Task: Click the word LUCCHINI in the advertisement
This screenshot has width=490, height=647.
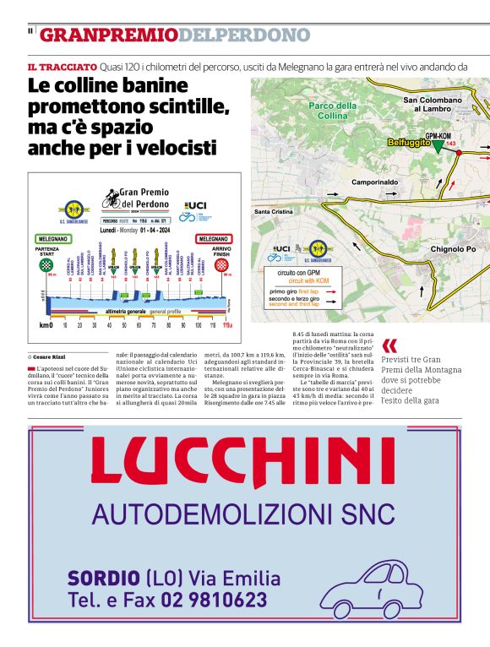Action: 242,461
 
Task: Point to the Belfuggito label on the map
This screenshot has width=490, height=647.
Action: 410,144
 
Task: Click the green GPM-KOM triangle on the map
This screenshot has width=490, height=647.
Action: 438,145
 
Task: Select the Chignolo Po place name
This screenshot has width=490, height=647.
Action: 454,249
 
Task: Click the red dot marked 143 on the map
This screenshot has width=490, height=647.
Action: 459,152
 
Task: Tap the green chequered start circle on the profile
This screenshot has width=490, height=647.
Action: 46,265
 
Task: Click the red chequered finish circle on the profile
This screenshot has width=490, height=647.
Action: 223,265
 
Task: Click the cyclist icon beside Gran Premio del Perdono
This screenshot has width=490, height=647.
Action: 110,199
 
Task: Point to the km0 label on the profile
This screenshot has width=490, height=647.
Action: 46,324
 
